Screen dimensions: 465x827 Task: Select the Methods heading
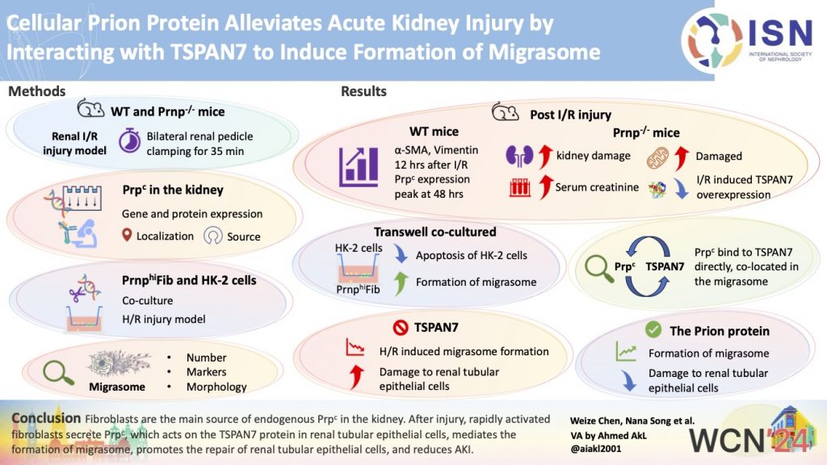tap(37, 91)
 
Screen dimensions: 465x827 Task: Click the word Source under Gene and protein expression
tap(243, 237)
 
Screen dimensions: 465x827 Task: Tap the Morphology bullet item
tap(216, 387)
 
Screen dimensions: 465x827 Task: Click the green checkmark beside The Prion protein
tap(654, 331)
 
